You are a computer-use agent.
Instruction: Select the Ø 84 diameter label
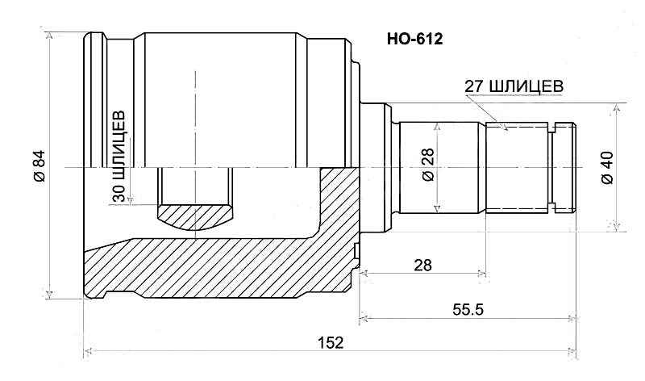pos(38,165)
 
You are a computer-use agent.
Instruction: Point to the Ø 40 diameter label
pos(606,167)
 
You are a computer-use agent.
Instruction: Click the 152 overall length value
pos(331,341)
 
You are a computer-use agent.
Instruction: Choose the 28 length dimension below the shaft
pos(422,265)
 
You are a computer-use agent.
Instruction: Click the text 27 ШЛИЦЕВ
pos(513,86)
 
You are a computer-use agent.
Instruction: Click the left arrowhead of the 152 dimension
pos(89,352)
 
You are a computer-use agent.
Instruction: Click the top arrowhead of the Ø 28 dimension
pos(436,126)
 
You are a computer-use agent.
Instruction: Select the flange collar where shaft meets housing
pos(375,167)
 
